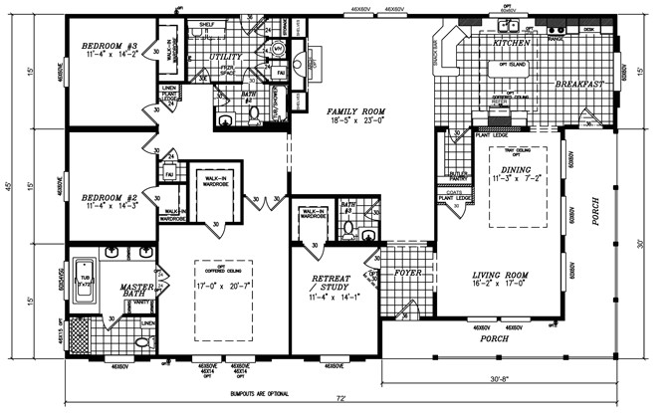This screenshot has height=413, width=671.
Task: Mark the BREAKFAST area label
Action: [580, 85]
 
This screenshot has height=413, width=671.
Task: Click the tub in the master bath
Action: [88, 283]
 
